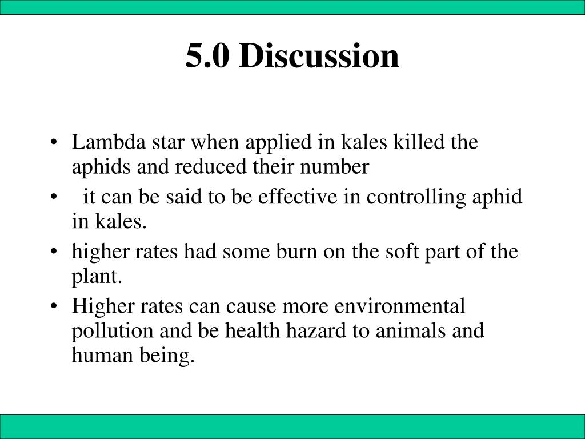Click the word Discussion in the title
pos(319,55)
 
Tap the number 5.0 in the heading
pos(207,56)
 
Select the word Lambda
pos(109,142)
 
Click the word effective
pos(297,197)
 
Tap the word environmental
pos(399,306)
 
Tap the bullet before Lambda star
pos(54,142)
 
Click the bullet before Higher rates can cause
pos(54,306)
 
